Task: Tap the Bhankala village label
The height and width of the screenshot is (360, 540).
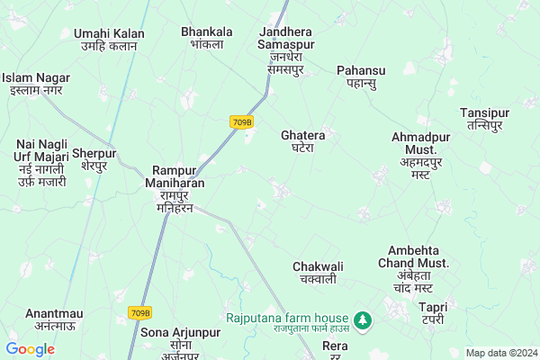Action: (x=207, y=37)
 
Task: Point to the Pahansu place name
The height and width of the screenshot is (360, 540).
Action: (x=361, y=76)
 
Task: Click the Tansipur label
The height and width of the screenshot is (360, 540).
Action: (x=484, y=119)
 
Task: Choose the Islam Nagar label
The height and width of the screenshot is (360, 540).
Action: (x=37, y=84)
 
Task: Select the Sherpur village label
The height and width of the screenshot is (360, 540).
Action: (x=94, y=159)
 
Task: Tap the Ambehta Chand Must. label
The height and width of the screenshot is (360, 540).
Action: (x=418, y=268)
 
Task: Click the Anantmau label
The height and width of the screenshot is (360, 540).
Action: (x=54, y=319)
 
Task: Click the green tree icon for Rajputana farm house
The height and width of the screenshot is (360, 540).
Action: (x=362, y=319)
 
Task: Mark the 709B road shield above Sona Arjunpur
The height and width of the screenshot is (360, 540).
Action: (x=139, y=312)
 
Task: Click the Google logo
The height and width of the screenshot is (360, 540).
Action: (x=30, y=348)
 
